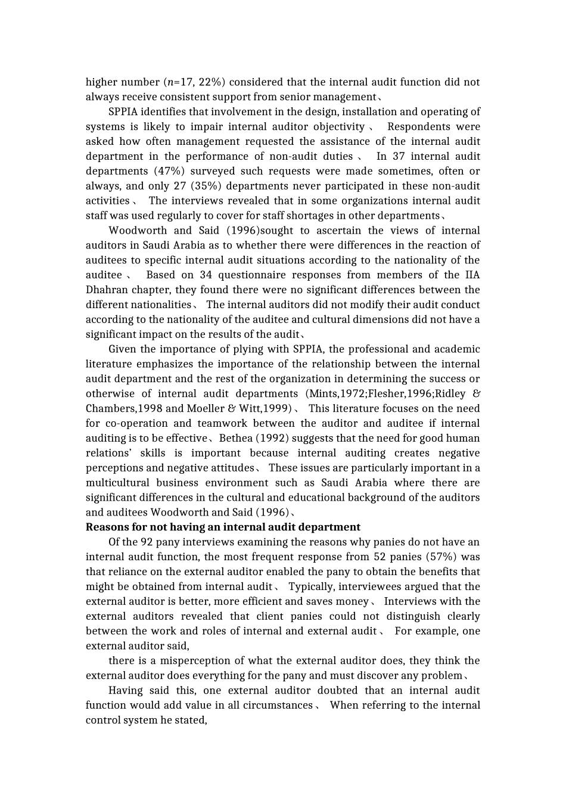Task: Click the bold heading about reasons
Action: [x=223, y=527]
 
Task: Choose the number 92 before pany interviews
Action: [x=147, y=542]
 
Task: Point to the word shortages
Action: [x=347, y=216]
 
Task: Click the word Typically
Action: [x=310, y=586]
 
